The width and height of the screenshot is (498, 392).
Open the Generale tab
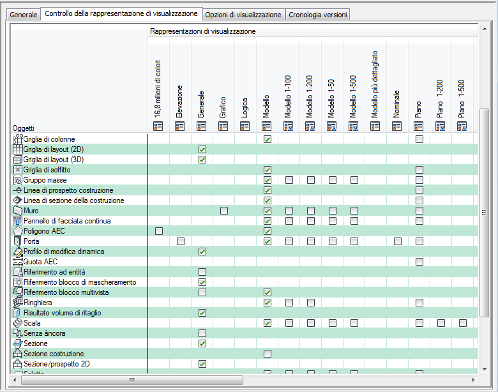click(x=24, y=15)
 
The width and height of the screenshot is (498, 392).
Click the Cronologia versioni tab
click(x=318, y=15)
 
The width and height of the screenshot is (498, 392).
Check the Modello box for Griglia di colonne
click(x=268, y=139)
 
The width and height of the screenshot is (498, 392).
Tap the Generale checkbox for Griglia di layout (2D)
click(x=202, y=149)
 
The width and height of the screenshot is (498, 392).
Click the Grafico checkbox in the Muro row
click(x=224, y=211)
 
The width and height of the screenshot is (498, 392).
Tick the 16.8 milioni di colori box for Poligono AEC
click(x=159, y=231)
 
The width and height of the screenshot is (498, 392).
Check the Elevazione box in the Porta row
click(x=181, y=241)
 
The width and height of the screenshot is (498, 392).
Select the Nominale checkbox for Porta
click(x=398, y=241)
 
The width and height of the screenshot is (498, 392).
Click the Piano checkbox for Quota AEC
click(x=419, y=262)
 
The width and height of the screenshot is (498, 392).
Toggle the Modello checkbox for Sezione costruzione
click(x=268, y=354)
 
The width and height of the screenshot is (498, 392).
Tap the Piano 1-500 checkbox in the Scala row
click(x=463, y=323)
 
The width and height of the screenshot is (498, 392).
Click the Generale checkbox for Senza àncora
click(x=202, y=333)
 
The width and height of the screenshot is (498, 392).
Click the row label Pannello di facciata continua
click(x=67, y=221)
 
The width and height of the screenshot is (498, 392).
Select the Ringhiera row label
click(x=38, y=303)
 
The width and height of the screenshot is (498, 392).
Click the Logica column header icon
click(x=246, y=126)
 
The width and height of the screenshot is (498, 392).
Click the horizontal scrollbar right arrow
click(x=473, y=379)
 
